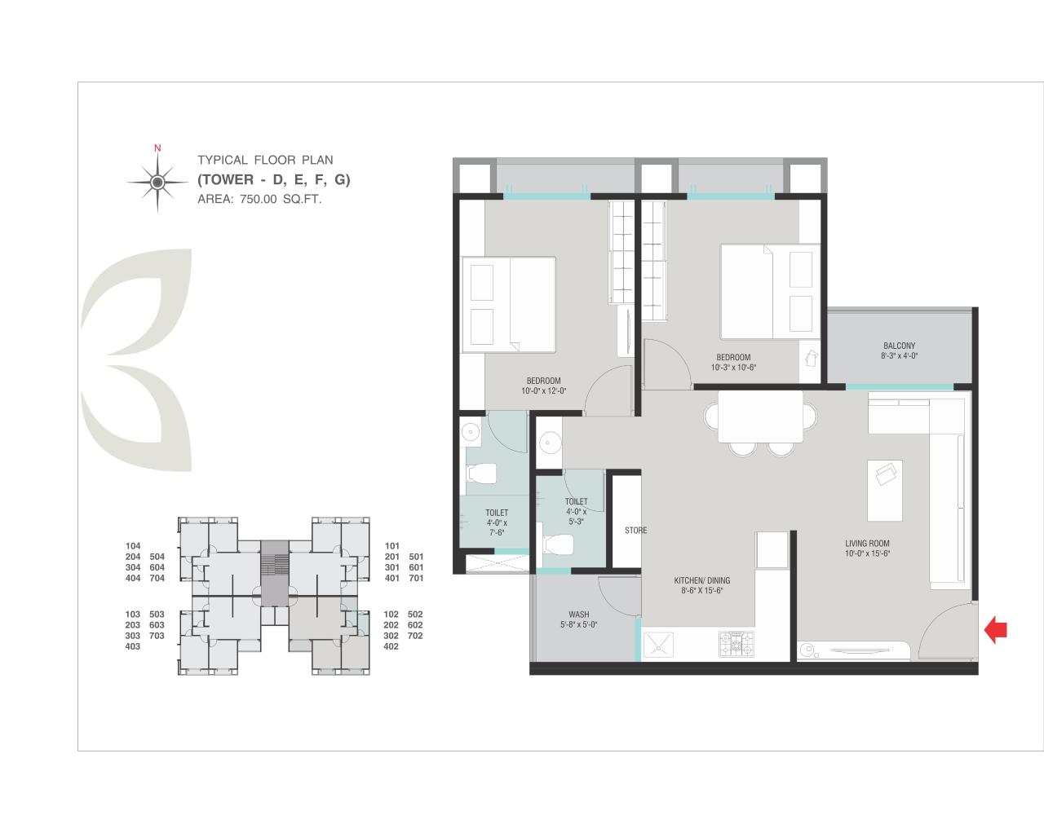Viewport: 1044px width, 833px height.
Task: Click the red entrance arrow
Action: click(996, 629)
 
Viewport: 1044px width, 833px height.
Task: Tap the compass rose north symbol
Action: click(157, 181)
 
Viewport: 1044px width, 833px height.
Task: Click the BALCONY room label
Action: click(899, 346)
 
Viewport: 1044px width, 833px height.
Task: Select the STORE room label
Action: click(635, 531)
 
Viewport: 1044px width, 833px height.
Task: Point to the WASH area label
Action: click(579, 615)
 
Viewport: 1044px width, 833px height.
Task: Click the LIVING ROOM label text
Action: click(867, 544)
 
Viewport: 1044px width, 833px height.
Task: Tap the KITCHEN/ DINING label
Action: click(701, 580)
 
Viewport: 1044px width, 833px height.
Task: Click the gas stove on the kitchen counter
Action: click(737, 645)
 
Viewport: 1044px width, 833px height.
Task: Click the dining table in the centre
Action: click(759, 416)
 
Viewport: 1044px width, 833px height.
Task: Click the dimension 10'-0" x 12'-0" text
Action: click(543, 391)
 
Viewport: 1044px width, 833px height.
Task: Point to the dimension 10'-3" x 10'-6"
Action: click(733, 368)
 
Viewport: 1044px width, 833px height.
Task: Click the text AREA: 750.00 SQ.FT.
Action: click(259, 199)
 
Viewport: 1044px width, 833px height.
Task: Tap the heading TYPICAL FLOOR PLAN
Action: click(265, 161)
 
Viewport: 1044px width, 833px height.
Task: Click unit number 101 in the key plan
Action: click(392, 546)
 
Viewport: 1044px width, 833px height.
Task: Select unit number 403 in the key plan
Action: click(134, 646)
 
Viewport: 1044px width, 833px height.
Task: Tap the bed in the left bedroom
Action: click(508, 305)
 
